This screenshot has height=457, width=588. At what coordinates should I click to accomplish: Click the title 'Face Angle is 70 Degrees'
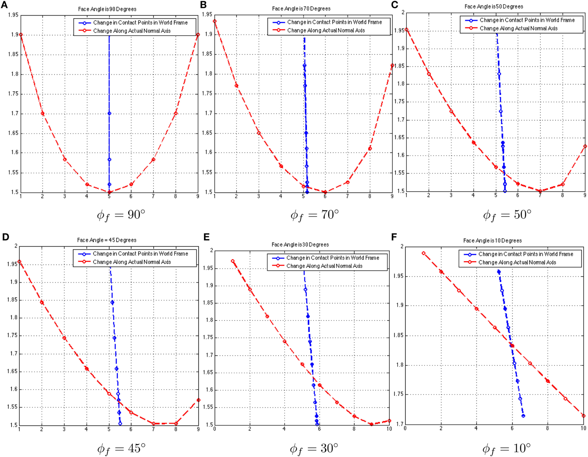click(x=301, y=9)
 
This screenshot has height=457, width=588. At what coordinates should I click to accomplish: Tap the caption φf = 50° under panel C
click(x=507, y=215)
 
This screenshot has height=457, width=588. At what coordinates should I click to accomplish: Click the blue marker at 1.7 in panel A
click(x=109, y=114)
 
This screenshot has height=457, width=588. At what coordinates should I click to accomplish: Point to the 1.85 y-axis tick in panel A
click(x=13, y=54)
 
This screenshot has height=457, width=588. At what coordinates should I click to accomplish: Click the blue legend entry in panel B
click(x=334, y=22)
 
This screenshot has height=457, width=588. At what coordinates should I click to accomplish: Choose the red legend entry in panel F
click(x=517, y=262)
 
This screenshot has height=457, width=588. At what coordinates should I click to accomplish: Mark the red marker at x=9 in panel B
click(x=392, y=66)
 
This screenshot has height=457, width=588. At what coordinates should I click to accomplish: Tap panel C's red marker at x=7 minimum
click(x=540, y=191)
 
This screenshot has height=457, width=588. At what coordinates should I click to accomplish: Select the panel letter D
click(x=5, y=236)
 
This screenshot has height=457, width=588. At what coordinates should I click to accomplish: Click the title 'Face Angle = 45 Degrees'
click(x=107, y=240)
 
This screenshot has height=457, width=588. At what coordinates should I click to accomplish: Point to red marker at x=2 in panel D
click(x=42, y=303)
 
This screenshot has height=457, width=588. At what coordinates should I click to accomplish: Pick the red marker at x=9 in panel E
click(x=372, y=424)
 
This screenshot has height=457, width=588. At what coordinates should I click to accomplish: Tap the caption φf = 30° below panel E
click(x=314, y=449)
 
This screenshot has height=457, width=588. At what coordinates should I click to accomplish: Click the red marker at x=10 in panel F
click(x=583, y=416)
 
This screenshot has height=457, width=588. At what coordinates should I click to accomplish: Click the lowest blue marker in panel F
click(x=523, y=416)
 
